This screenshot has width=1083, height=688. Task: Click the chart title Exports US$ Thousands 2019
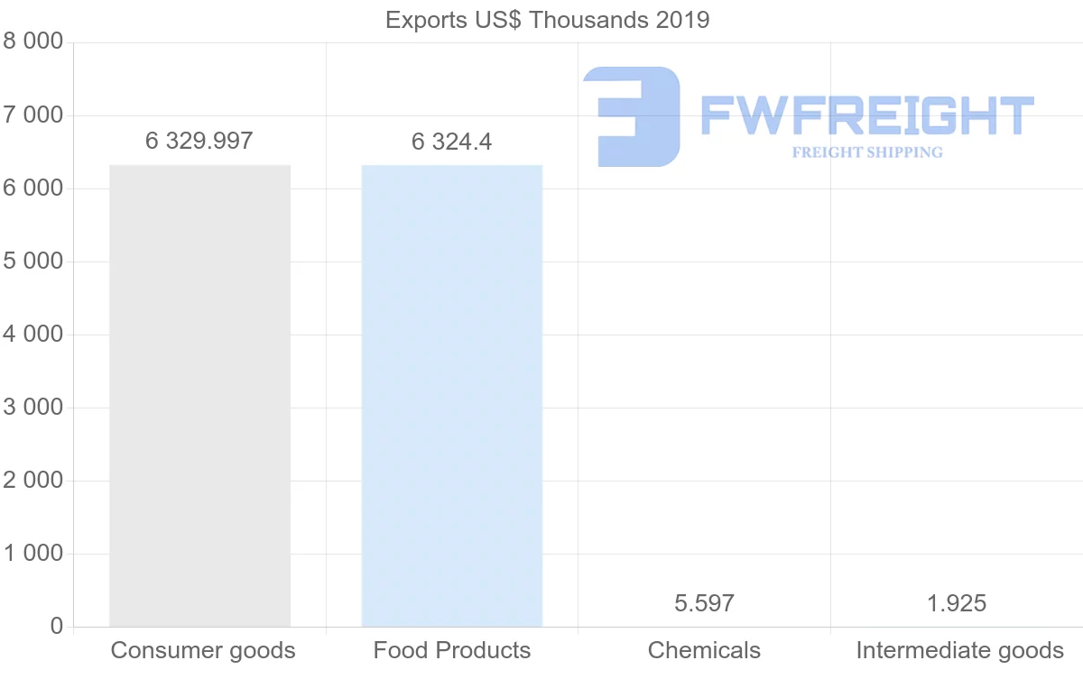pyautogui.click(x=547, y=19)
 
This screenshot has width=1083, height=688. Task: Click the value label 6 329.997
pyautogui.click(x=199, y=141)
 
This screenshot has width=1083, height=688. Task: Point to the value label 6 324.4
pyautogui.click(x=451, y=142)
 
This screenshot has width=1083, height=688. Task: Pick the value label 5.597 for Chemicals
pyautogui.click(x=704, y=603)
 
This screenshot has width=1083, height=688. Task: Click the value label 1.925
pyautogui.click(x=957, y=603)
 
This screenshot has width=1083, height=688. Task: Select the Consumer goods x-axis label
pyautogui.click(x=203, y=650)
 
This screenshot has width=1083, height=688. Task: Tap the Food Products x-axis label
pyautogui.click(x=452, y=650)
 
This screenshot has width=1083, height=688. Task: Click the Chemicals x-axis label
pyautogui.click(x=704, y=650)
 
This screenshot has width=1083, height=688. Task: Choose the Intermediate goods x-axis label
pyautogui.click(x=960, y=650)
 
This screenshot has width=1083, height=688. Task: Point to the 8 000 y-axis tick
pyautogui.click(x=33, y=41)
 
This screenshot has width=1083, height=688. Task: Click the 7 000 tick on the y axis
pyautogui.click(x=33, y=115)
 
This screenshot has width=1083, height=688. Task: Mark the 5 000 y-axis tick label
pyautogui.click(x=33, y=261)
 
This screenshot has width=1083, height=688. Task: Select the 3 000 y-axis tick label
pyautogui.click(x=33, y=408)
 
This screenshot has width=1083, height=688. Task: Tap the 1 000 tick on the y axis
pyautogui.click(x=33, y=554)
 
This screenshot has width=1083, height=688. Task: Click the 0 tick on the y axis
pyautogui.click(x=56, y=627)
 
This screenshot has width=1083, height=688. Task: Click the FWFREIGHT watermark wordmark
pyautogui.click(x=866, y=115)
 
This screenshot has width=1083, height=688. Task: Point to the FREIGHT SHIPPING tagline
pyautogui.click(x=866, y=152)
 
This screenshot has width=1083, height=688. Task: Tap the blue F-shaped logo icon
pyautogui.click(x=632, y=115)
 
